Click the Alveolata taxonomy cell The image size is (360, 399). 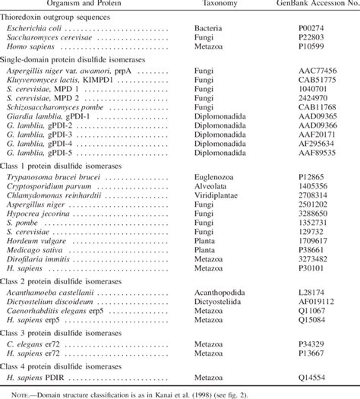pos(214,186)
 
